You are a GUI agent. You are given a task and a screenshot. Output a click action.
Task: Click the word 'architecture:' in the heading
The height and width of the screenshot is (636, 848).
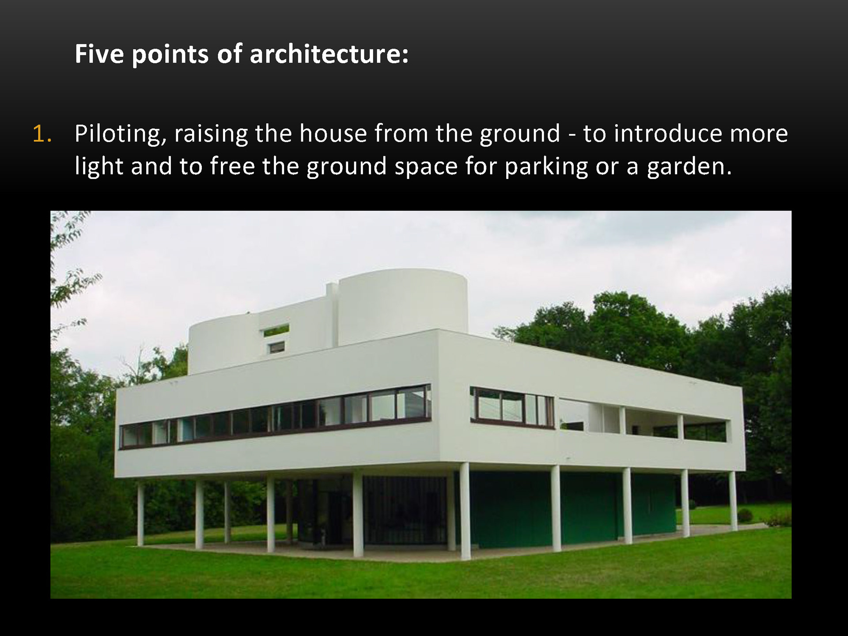click(329, 54)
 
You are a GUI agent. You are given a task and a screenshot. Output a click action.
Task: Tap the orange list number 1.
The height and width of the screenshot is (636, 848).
click(42, 134)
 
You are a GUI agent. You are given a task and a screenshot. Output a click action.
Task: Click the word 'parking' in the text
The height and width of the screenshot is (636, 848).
click(546, 167)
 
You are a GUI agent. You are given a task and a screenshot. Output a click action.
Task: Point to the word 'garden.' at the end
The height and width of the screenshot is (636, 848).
click(689, 167)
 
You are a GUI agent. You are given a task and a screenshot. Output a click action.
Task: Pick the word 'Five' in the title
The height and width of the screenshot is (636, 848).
click(99, 54)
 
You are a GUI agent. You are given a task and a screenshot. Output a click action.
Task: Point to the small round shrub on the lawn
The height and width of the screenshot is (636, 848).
click(745, 515)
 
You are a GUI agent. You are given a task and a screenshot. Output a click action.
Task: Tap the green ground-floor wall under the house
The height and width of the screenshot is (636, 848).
click(570, 508)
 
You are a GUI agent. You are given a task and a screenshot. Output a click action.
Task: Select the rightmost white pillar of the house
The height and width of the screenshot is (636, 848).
click(733, 501)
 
